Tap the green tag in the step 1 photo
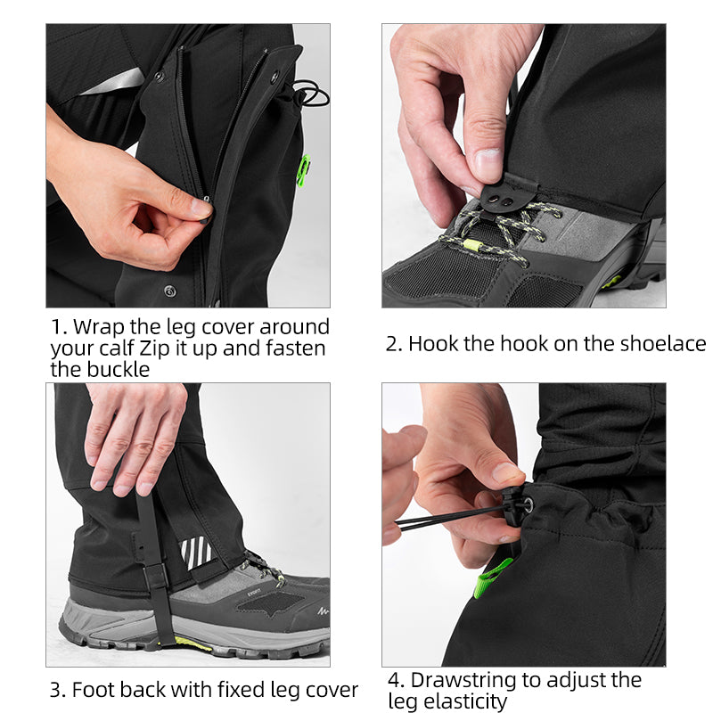pos(303,168)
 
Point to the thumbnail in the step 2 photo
pos(488,164)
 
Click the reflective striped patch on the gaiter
pos(197,552)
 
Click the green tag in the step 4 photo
pos(493,578)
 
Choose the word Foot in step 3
pos(94,690)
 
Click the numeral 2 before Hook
pos(392,344)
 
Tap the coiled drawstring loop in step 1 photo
pos(308,91)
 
